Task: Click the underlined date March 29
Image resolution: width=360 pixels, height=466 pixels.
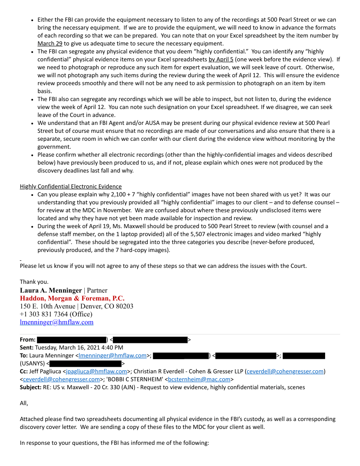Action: [50, 43]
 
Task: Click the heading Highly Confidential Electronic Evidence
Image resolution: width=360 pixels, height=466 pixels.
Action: [71, 186]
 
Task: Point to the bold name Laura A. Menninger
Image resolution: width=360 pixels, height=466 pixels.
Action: [51, 290]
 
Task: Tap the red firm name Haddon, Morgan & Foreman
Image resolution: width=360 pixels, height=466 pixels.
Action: [72, 298]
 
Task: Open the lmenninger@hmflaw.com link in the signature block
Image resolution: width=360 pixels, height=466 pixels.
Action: [56, 322]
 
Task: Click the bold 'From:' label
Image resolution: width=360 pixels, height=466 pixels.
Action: [28, 340]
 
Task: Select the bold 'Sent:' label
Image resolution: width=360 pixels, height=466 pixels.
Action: [27, 347]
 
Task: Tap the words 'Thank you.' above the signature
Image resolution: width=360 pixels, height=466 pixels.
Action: [34, 282]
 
